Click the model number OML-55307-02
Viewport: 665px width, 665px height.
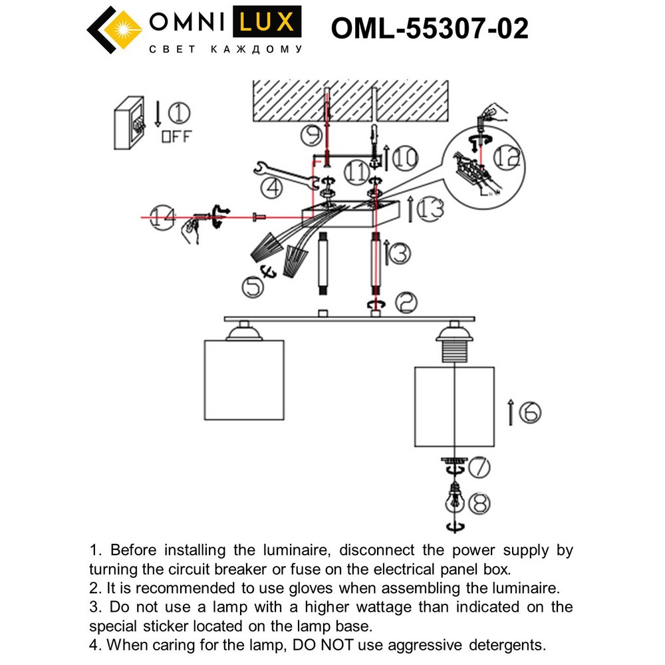(x=430, y=29)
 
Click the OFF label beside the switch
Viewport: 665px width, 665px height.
(x=176, y=137)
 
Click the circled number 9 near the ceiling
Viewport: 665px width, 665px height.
(x=311, y=136)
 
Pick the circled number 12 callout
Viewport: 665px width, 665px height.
(x=507, y=157)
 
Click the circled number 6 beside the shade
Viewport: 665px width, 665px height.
(x=530, y=413)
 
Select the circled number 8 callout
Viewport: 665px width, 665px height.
(x=479, y=504)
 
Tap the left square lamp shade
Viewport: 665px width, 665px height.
(x=244, y=380)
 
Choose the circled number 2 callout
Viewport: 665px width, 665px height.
(x=406, y=303)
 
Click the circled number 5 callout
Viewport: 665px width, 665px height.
(x=253, y=286)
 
